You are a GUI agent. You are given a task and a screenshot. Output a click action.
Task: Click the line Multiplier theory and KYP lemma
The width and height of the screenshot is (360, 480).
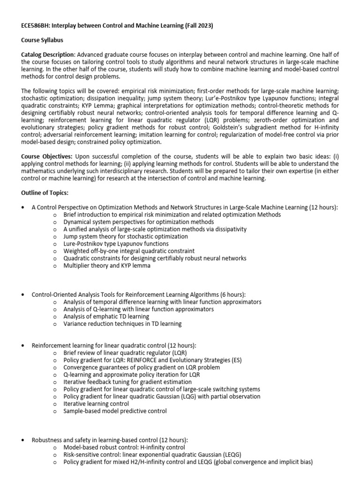[x=107, y=266]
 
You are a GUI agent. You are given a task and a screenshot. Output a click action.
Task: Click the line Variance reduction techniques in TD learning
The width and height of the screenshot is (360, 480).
[x=122, y=323]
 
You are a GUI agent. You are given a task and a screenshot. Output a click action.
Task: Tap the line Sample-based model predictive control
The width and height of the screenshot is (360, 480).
[x=115, y=411]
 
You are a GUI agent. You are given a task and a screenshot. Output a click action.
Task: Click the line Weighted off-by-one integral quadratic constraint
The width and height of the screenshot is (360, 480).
[x=129, y=251]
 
